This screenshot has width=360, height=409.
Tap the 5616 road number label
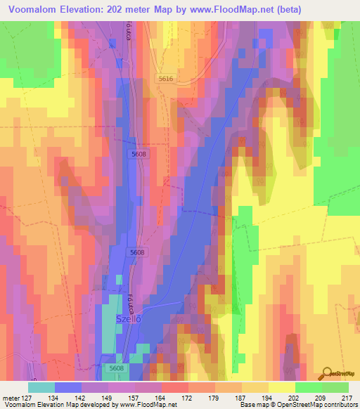click(x=166, y=79)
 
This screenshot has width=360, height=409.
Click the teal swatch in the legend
click(x=41, y=387)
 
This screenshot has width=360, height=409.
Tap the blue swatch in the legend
click(x=68, y=387)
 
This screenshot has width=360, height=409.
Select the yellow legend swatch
click(x=281, y=387)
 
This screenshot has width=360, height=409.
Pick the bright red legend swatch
click(x=175, y=387)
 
